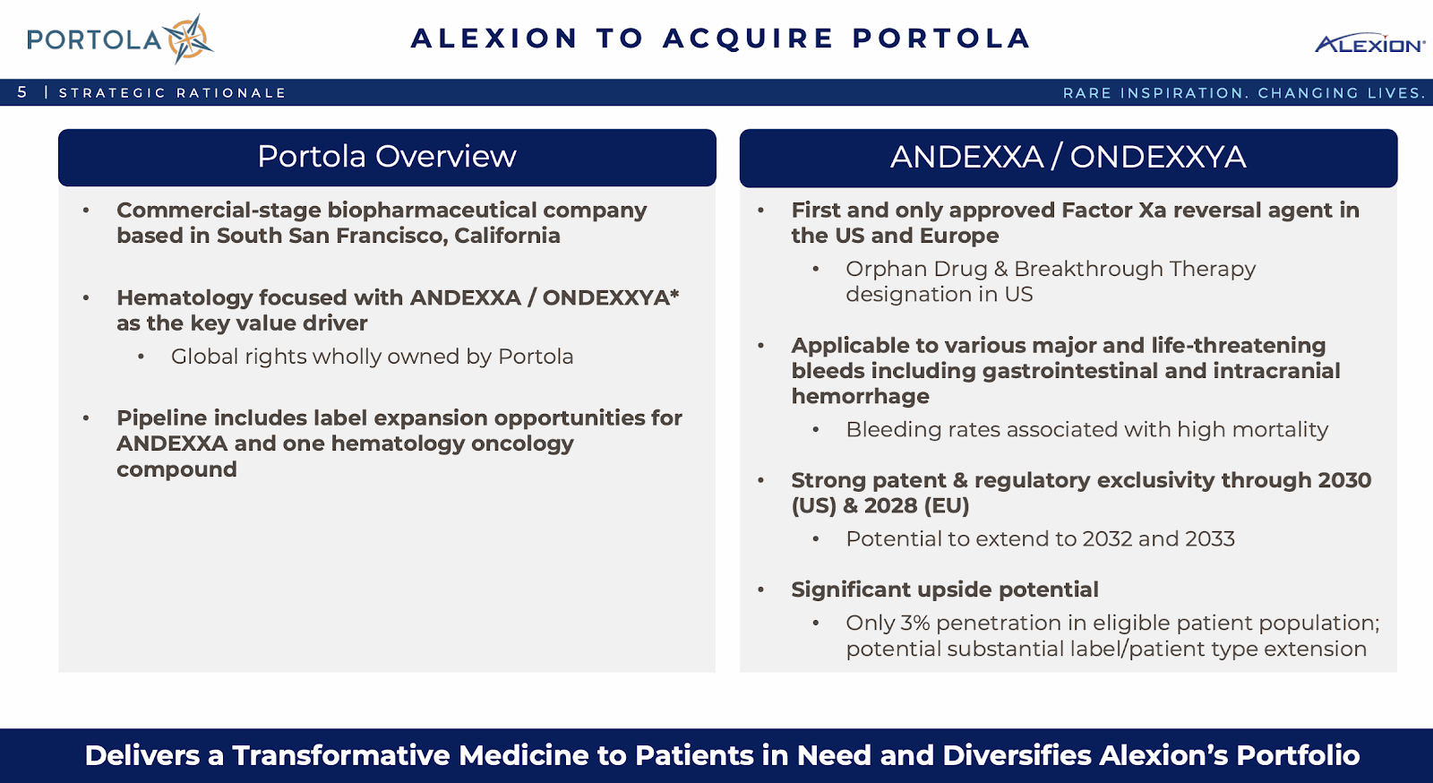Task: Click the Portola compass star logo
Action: click(x=187, y=39)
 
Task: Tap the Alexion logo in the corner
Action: click(x=1369, y=43)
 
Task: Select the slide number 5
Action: click(x=22, y=92)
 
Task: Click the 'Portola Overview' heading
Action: click(x=386, y=156)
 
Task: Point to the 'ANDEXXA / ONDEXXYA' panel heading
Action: click(x=1068, y=157)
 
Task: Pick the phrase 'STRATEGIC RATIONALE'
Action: click(x=172, y=93)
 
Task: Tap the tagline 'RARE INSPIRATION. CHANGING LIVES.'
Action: click(x=1244, y=93)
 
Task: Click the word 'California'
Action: click(x=507, y=236)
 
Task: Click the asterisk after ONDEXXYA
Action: click(x=674, y=293)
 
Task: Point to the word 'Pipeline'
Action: click(x=161, y=418)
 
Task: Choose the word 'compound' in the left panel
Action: click(x=176, y=469)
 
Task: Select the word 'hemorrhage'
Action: click(x=860, y=397)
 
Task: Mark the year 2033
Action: click(x=1210, y=538)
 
